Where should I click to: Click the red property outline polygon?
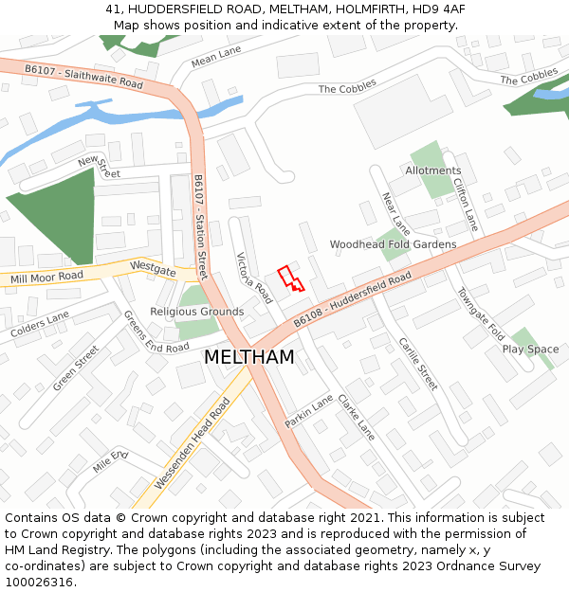[289, 278]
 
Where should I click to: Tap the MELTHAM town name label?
[248, 358]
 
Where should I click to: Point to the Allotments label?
[433, 171]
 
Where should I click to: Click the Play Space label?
[530, 350]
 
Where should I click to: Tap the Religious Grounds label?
[196, 312]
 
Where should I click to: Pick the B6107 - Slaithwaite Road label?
[83, 77]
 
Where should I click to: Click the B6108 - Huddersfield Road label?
[352, 299]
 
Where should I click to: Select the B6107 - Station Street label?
[200, 226]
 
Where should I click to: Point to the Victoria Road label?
[254, 278]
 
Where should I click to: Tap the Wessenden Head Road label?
[193, 444]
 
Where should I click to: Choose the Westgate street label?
[154, 269]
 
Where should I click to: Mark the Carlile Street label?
[418, 364]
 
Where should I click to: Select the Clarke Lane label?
[357, 417]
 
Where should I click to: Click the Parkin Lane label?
[309, 411]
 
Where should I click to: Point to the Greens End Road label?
[156, 332]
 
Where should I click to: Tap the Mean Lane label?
[216, 57]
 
